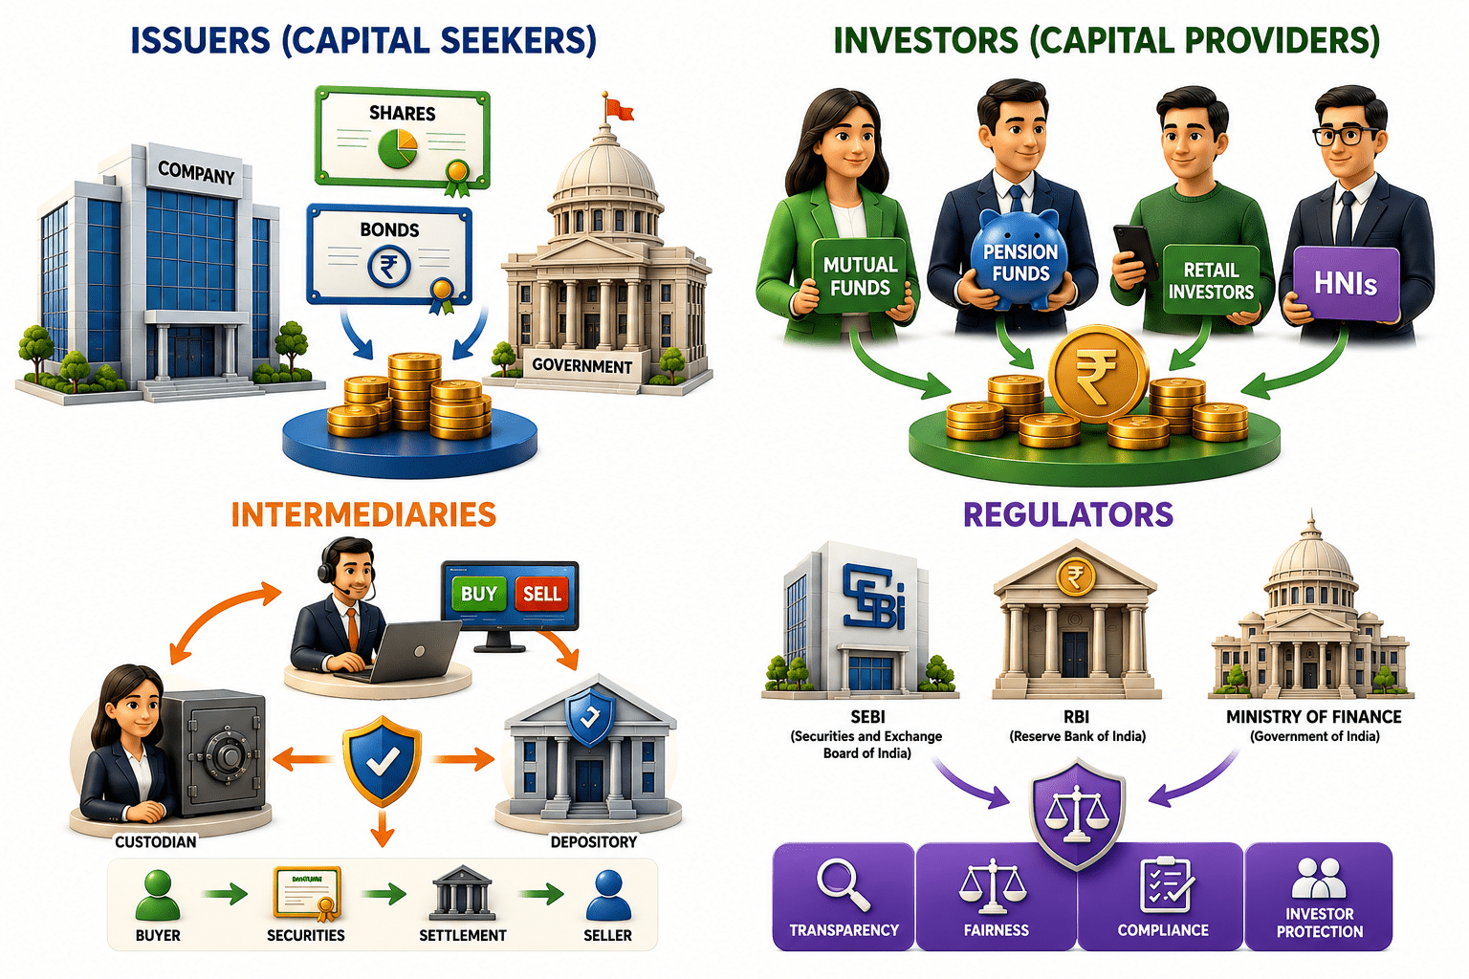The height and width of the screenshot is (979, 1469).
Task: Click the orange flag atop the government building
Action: [619, 108]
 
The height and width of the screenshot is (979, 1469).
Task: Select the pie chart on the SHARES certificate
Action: [398, 148]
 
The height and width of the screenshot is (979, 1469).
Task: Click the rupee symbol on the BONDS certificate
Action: [389, 266]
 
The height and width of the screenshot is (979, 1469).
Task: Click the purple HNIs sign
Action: [1345, 283]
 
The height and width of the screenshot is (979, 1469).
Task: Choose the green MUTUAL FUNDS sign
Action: [860, 275]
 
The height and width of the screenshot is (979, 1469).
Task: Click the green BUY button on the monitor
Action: [479, 594]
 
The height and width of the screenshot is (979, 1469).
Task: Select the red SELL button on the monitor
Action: [541, 594]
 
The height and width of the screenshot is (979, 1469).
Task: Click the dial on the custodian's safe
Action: [225, 754]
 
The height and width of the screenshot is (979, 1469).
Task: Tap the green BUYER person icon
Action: [158, 896]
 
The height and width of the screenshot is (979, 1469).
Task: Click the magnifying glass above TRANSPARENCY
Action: [843, 885]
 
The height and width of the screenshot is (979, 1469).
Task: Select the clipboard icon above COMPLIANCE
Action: [1166, 884]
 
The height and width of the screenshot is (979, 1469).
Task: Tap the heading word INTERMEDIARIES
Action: [364, 514]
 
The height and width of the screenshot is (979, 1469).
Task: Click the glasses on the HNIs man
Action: [1345, 137]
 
